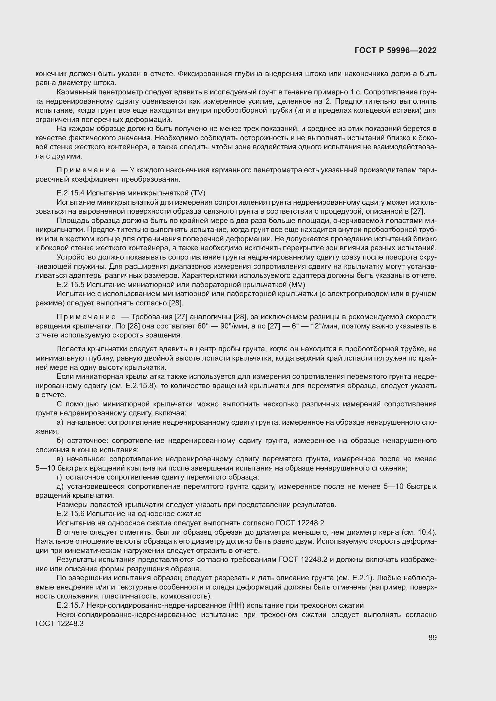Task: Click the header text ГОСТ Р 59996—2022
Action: point(396,51)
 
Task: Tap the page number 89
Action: point(432,637)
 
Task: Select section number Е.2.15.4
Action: point(70,193)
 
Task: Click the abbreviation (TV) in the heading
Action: point(198,193)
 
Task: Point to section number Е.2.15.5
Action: point(70,284)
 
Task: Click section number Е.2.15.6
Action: point(70,514)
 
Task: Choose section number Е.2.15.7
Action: point(70,605)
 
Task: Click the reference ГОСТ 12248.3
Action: point(60,623)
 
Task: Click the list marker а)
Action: point(60,422)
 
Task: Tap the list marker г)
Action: point(59,477)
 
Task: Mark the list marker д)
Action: point(60,486)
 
